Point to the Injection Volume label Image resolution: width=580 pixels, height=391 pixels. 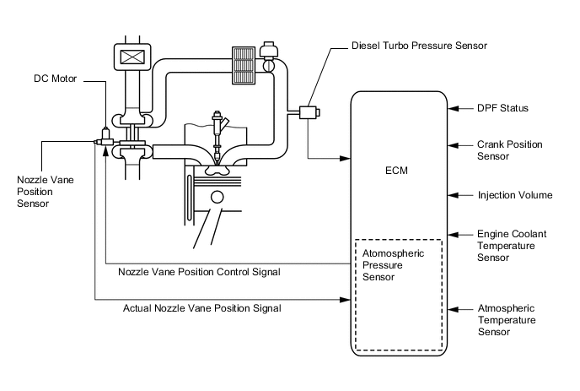point(514,195)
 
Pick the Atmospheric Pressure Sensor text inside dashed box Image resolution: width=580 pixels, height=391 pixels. point(393,264)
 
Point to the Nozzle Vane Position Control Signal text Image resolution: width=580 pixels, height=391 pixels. point(199,272)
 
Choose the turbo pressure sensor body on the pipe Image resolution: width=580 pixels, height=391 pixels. point(305,110)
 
